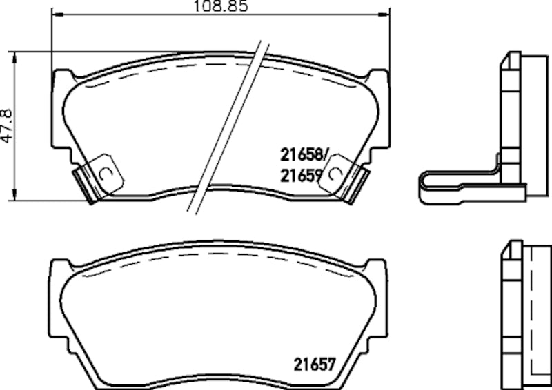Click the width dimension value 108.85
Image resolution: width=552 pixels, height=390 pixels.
[x=220, y=6]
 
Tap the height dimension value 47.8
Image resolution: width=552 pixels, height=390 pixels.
[x=6, y=125]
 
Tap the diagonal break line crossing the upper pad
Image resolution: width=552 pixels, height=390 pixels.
[x=227, y=124]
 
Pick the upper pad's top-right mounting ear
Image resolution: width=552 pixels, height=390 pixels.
[x=378, y=77]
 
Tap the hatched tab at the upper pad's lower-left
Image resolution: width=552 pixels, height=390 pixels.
[x=84, y=184]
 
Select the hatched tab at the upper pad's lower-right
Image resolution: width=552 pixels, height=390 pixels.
[x=355, y=184]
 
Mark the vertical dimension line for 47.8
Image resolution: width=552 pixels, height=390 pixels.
[x=16, y=125]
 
